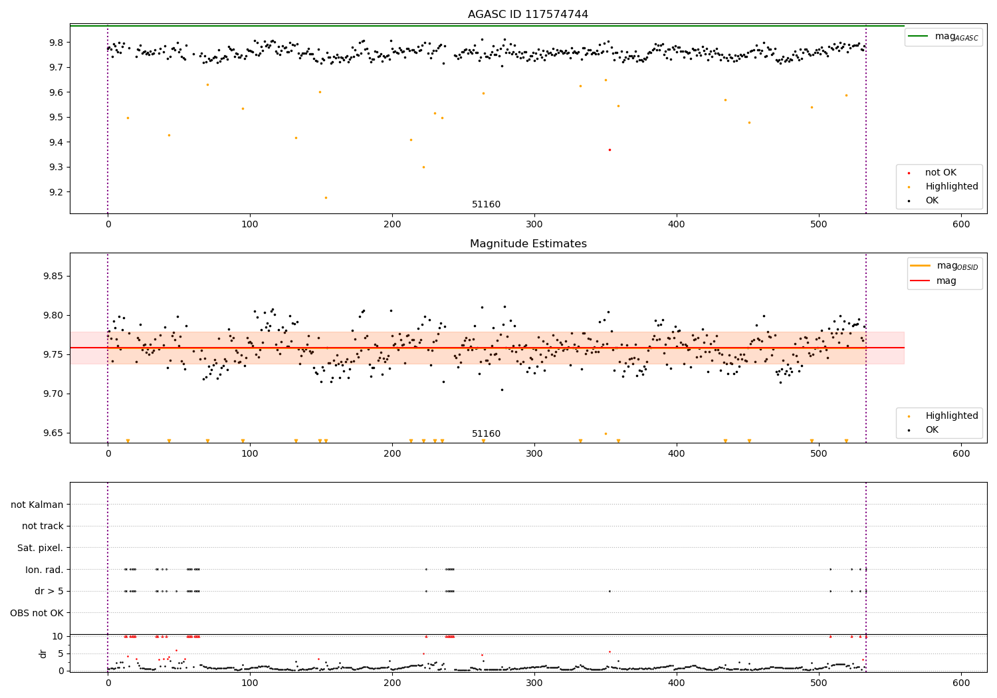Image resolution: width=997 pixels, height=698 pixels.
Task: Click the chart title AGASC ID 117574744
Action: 528,15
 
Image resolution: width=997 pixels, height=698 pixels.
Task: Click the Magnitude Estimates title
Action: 528,244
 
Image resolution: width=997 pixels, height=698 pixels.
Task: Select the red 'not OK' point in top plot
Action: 609,150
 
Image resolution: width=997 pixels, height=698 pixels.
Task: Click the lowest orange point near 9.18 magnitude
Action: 326,197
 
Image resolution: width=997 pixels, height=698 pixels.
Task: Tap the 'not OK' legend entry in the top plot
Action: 941,173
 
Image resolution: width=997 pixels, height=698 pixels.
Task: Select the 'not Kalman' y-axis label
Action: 37,505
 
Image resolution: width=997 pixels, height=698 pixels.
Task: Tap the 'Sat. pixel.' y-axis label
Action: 40,548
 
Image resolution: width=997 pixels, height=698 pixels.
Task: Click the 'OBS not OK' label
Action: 37,613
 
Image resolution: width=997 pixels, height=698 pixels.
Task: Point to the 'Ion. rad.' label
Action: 44,570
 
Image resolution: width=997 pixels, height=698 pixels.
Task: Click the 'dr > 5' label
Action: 49,591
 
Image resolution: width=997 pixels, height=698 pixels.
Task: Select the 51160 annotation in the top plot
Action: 486,205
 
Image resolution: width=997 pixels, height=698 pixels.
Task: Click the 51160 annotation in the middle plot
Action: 486,434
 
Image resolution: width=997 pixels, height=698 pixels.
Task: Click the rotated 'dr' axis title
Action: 43,653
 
